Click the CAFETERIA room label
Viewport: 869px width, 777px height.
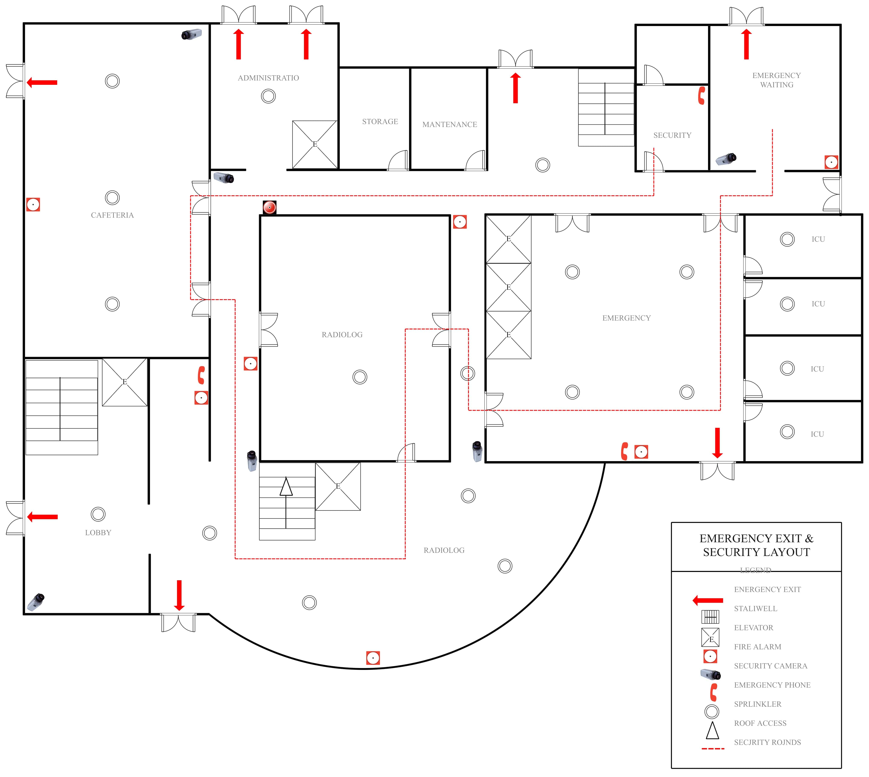112,215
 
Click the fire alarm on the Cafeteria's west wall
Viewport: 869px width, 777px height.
33,205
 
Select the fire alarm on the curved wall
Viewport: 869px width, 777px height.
373,658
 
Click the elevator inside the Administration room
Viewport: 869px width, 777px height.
315,144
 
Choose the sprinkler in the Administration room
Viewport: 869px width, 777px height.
268,96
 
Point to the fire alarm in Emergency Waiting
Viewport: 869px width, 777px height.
831,162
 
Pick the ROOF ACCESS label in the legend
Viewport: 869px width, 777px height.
760,723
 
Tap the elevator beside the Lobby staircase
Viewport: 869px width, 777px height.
125,382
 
